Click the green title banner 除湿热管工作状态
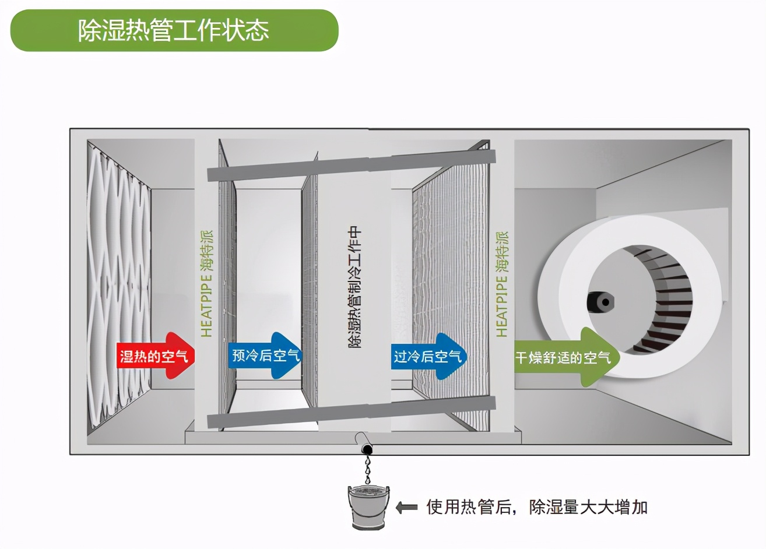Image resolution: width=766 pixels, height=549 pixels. pyautogui.click(x=174, y=30)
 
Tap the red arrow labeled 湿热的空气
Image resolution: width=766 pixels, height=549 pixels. pyautogui.click(x=155, y=356)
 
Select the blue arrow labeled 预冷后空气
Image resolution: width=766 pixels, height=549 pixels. pyautogui.click(x=265, y=355)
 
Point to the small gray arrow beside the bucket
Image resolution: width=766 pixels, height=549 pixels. pyautogui.click(x=406, y=507)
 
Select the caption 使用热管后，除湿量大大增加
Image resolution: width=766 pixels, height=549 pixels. pyautogui.click(x=537, y=507)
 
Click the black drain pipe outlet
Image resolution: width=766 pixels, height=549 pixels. pyautogui.click(x=367, y=449)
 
